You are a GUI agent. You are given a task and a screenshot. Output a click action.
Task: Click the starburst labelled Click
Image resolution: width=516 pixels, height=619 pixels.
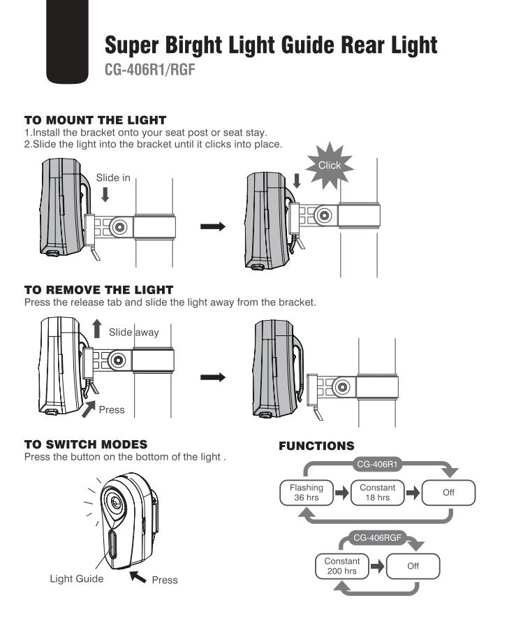click(330, 166)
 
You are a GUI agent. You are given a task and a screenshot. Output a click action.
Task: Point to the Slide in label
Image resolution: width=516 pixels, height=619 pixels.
click(113, 177)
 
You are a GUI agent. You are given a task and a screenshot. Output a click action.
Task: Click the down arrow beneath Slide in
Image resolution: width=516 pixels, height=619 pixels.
click(105, 194)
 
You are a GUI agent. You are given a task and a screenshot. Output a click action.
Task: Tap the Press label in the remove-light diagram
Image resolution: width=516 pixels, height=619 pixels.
click(112, 409)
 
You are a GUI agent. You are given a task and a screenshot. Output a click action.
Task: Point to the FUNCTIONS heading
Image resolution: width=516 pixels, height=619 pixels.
click(316, 446)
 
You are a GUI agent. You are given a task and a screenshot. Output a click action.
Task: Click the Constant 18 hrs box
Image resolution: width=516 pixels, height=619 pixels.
click(378, 493)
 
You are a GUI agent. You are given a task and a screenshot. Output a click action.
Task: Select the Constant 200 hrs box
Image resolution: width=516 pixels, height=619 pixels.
click(342, 566)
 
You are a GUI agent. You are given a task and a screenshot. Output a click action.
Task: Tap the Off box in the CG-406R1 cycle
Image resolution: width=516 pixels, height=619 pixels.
click(448, 493)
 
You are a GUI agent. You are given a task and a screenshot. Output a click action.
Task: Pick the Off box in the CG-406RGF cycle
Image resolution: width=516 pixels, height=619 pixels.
click(413, 566)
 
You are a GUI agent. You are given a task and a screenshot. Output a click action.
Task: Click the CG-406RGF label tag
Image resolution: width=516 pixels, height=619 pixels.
click(377, 537)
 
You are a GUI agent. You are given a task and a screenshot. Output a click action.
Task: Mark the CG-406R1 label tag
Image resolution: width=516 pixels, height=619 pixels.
click(378, 463)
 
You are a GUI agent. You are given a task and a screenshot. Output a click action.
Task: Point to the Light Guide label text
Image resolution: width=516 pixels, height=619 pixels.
click(77, 578)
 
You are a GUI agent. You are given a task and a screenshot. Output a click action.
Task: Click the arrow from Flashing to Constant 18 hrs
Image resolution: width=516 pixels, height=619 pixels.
click(341, 493)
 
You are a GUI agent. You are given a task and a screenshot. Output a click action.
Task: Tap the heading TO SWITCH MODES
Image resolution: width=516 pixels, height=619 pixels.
click(86, 444)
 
